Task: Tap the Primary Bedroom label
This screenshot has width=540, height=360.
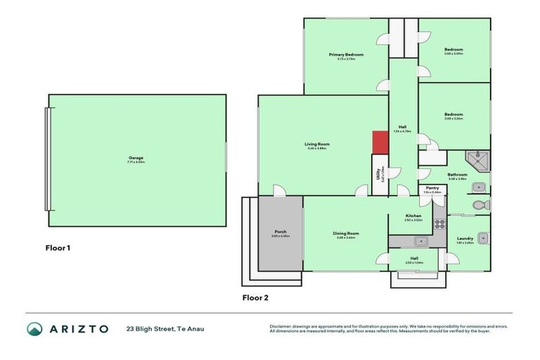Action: coord(346,55)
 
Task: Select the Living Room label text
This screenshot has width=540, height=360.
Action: coord(318,144)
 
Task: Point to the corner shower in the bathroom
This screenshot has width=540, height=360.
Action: coord(480,161)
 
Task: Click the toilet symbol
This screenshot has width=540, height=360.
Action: coord(480,205)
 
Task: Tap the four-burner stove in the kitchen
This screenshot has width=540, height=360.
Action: coord(439,224)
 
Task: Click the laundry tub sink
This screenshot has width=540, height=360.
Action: coord(482,238)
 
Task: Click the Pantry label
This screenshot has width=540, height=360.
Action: coord(432,188)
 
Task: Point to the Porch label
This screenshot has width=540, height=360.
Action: coord(280,231)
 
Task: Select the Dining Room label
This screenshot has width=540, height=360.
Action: coord(346,233)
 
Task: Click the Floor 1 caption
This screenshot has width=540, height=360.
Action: coord(58,247)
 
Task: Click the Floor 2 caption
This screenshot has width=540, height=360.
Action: coord(255,297)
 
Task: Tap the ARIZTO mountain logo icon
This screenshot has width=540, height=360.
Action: coord(34,328)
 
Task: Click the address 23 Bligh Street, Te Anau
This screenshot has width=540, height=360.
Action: coord(165,328)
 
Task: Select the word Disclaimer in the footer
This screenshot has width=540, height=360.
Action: coord(281,326)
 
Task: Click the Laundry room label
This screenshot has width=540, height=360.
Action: coord(465,238)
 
